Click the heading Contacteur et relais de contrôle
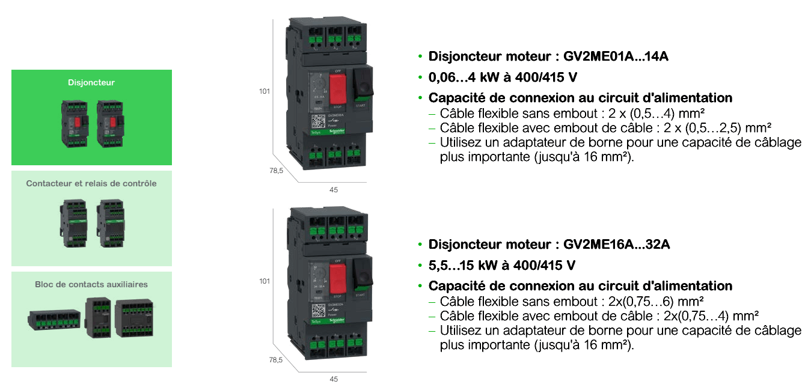[x=91, y=183]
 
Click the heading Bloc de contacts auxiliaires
[x=91, y=284]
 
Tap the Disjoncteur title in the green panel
[x=91, y=82]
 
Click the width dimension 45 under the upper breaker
[x=334, y=189]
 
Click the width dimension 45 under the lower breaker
[x=334, y=379]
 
